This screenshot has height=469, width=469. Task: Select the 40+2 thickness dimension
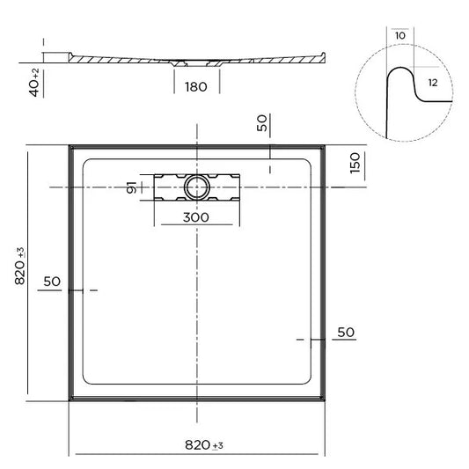tap(34, 81)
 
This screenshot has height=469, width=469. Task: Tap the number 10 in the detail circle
tap(400, 36)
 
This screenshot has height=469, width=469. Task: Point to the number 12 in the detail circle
tap(432, 81)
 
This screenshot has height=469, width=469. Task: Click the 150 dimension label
tap(356, 164)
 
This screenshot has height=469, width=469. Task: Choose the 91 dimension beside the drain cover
tap(131, 187)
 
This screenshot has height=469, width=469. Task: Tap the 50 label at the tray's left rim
tap(51, 282)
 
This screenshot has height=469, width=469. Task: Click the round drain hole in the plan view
tap(195, 187)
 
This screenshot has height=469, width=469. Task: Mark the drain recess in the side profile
tap(187, 62)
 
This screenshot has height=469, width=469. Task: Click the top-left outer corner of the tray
tap(70, 144)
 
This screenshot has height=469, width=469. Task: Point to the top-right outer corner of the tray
tap(327, 144)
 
